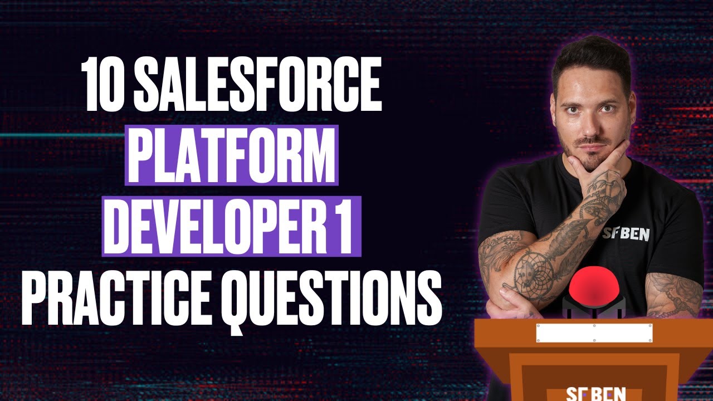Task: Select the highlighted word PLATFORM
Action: coord(232,155)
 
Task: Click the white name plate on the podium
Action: coord(593,332)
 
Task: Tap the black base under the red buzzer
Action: coord(593,305)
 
